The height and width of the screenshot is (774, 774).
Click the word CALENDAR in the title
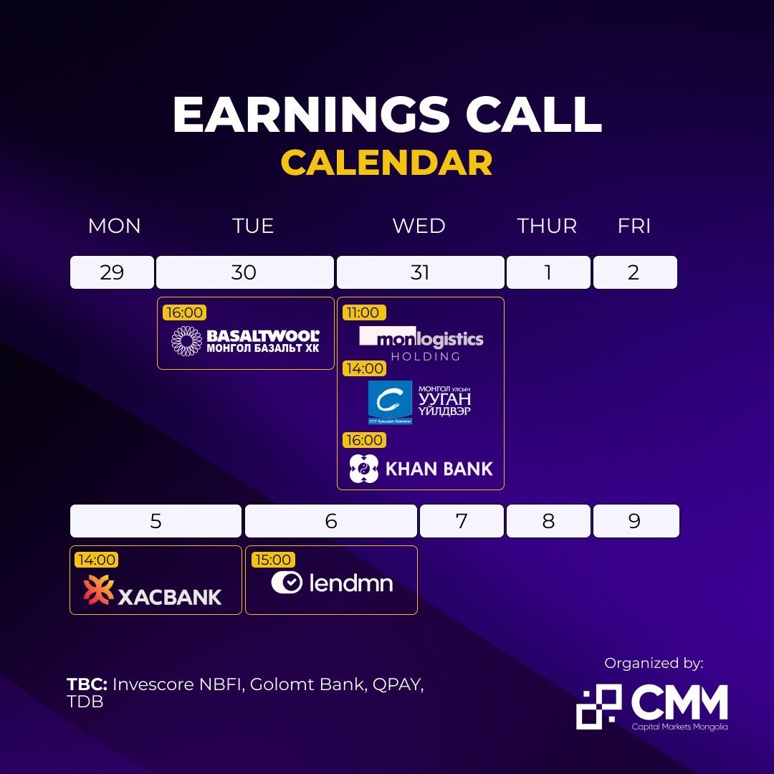pos(386,163)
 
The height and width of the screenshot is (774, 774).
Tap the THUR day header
pos(547,226)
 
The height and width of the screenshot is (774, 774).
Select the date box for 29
pos(112,272)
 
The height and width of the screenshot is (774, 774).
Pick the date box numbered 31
pos(420,272)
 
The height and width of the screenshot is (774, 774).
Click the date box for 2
pos(634,272)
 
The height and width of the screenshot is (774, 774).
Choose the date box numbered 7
pos(462,521)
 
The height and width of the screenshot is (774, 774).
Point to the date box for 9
pos(635,521)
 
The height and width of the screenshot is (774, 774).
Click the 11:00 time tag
pos(364,312)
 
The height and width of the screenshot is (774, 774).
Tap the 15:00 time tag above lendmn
pos(272,560)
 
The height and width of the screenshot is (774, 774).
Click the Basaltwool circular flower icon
pos(186,340)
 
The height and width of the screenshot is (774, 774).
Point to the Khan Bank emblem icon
pos(363,469)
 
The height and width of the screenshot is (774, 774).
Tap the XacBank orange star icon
pos(98,590)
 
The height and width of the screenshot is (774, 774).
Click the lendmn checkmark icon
pos(287,582)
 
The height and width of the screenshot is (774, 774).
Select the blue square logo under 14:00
pos(390,401)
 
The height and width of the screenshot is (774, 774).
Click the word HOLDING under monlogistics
pos(426,356)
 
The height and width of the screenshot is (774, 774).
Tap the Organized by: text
pos(654,664)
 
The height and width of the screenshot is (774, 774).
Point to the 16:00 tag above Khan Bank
pos(364,440)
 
